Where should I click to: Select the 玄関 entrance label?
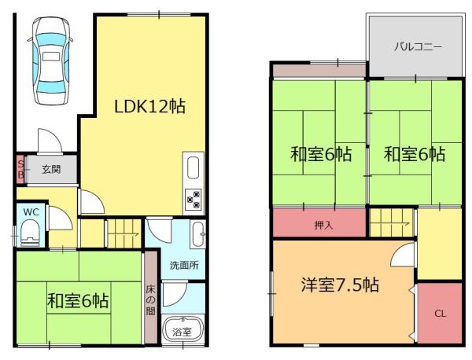[x=52, y=169]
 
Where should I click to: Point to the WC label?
[x=31, y=211]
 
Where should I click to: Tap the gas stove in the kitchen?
[x=194, y=201]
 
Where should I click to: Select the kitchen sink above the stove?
[x=194, y=168]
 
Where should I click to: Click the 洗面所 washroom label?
[x=184, y=265]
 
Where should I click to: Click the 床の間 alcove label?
[x=149, y=299]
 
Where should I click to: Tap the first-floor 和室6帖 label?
[x=78, y=301]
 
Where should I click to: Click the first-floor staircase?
[x=124, y=233]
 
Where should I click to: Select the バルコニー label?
[x=417, y=46]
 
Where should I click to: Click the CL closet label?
[x=440, y=314]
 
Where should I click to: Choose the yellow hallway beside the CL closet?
[x=439, y=244]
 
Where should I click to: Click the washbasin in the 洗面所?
[x=199, y=233]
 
